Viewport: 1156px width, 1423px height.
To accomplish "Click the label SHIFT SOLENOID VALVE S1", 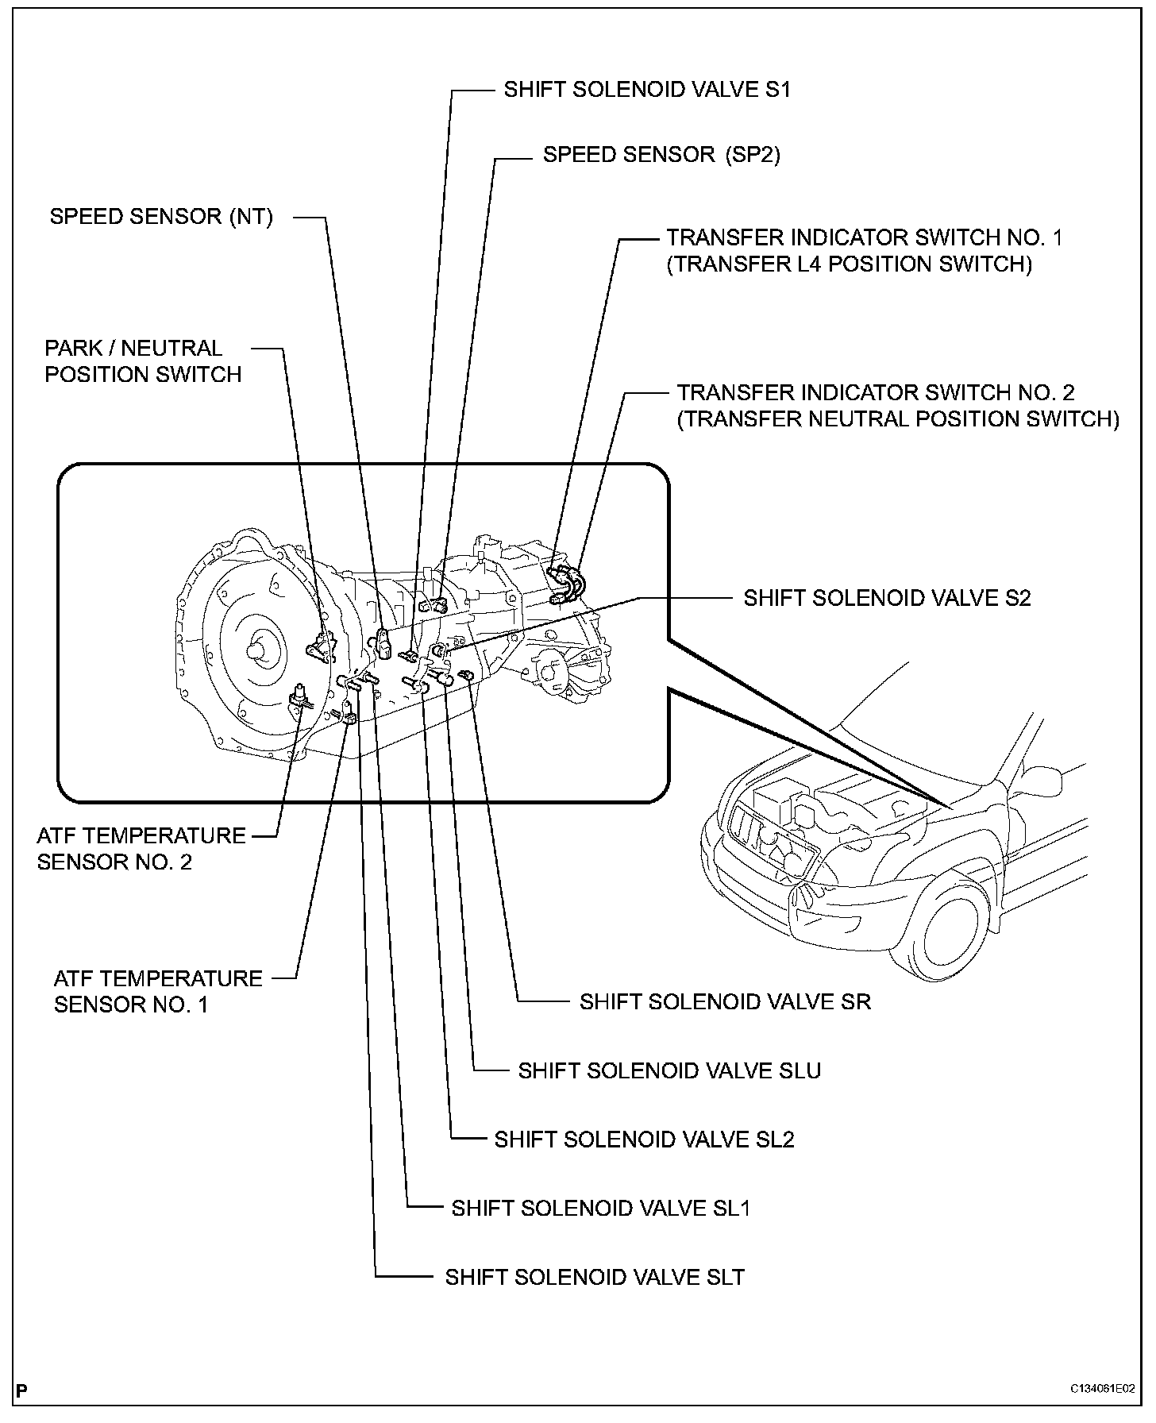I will (647, 89).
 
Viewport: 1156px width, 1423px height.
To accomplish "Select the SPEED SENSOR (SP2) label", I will (661, 154).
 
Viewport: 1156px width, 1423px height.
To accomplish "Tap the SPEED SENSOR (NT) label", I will (161, 217).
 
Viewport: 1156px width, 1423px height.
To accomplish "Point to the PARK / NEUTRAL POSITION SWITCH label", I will (143, 361).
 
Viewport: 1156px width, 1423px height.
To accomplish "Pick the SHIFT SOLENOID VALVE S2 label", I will (887, 598).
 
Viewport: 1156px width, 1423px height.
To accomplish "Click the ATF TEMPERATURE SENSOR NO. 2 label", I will (141, 849).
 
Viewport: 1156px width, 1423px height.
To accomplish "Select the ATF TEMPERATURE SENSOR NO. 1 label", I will (158, 991).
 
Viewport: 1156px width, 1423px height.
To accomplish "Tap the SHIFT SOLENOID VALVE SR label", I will (725, 1002).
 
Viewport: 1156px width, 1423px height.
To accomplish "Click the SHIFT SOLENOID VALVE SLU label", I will (669, 1070).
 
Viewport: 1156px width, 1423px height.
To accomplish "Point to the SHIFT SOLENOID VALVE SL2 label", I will (644, 1140).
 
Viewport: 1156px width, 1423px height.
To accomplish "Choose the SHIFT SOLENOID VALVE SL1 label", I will (601, 1209).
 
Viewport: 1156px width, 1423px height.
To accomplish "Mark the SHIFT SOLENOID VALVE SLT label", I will (595, 1277).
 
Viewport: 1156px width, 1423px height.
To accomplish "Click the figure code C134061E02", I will (1101, 1390).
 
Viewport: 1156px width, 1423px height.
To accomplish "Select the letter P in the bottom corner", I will (21, 1390).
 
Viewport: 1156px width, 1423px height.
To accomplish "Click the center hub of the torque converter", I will (258, 649).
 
